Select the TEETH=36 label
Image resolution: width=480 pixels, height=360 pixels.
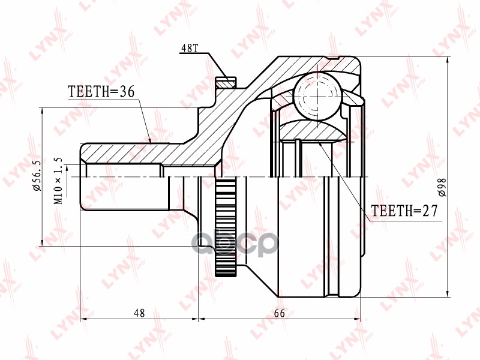coord(101,91)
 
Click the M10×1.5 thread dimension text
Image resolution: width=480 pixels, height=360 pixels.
coord(59,180)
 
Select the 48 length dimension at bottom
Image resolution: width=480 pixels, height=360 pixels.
coord(139,313)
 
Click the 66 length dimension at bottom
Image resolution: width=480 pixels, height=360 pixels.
coord(279,313)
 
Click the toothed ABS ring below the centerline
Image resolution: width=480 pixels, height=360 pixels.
coord(224,228)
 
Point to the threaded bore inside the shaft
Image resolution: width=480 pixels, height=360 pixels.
coord(123,172)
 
